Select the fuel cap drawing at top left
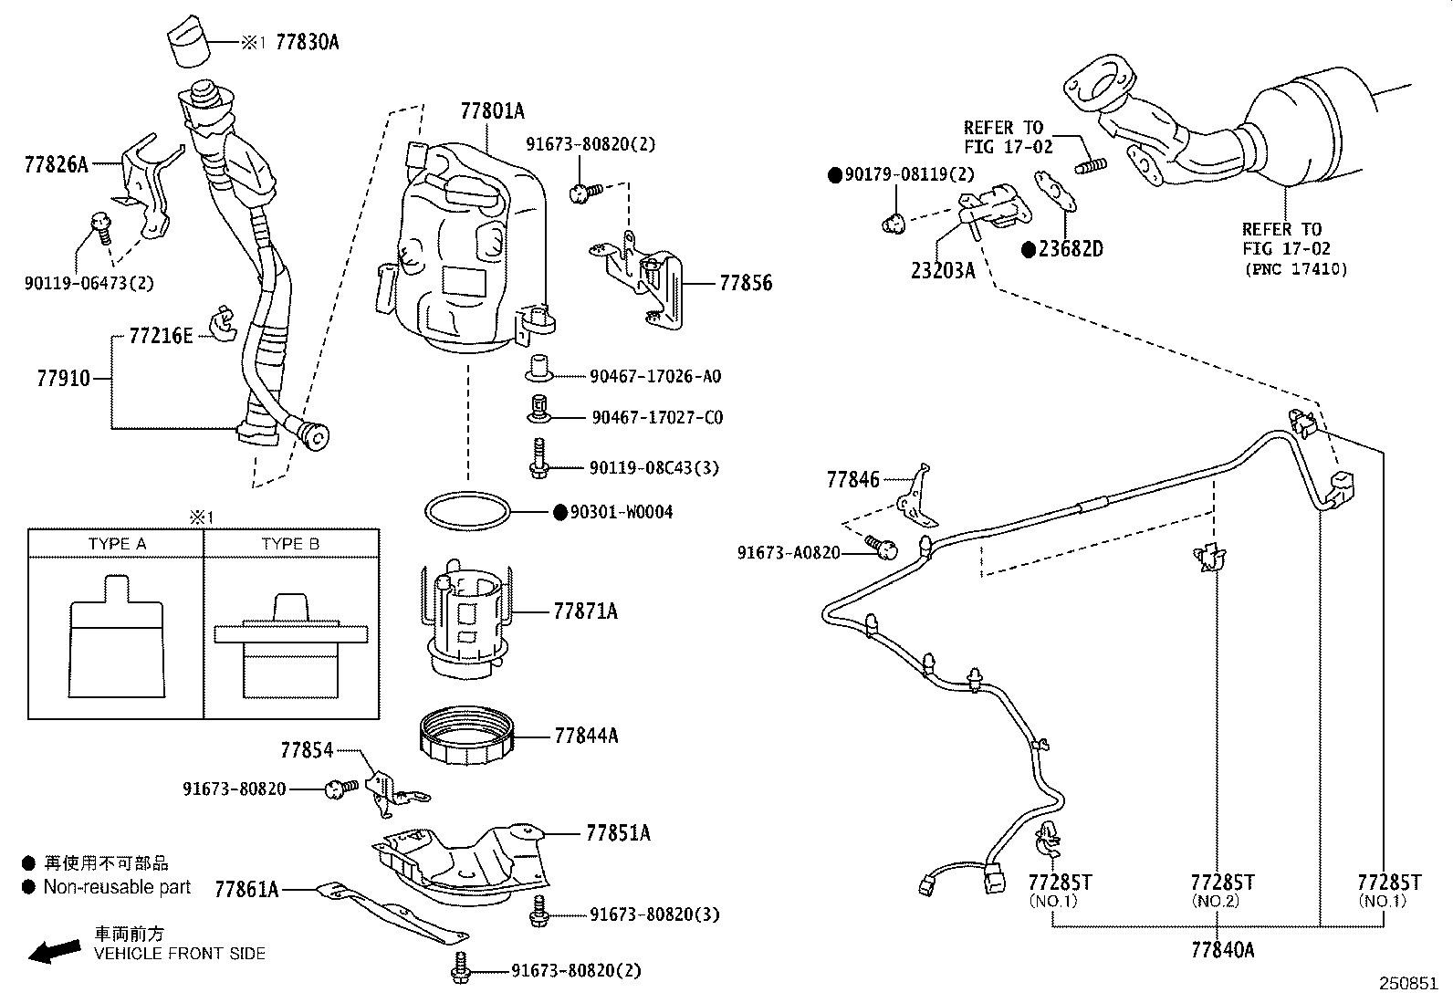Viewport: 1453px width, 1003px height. click(189, 41)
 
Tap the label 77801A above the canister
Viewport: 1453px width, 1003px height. click(492, 111)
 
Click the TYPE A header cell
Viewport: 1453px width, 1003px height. click(117, 544)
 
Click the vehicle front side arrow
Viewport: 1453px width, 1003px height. click(54, 951)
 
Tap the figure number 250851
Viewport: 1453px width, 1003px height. click(1407, 985)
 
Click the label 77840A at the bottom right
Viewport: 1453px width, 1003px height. click(1222, 950)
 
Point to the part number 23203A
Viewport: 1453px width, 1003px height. click(943, 270)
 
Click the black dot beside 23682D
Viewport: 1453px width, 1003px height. click(1028, 249)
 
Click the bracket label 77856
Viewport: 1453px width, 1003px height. click(745, 284)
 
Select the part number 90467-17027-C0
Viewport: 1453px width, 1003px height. click(657, 417)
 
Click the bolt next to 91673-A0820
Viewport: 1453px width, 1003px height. click(883, 548)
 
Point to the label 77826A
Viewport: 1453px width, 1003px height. click(57, 164)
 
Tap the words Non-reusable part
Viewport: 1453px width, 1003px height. click(117, 886)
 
